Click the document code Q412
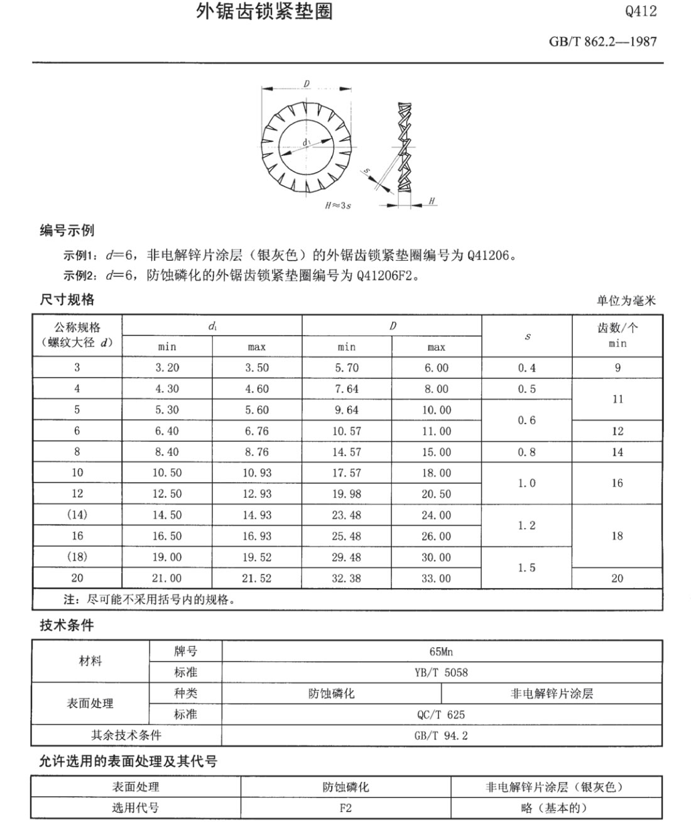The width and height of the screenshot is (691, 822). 641,11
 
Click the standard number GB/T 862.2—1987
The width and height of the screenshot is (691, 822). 602,42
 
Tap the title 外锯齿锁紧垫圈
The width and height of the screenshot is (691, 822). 264,11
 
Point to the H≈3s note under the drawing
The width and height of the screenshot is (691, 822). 338,205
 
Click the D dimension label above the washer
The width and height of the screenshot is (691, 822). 307,83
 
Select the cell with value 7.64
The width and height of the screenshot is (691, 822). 346,389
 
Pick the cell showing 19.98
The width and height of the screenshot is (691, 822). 346,494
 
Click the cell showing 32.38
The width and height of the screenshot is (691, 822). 346,578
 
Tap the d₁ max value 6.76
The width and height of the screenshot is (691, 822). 257,431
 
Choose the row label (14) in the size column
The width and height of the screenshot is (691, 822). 77,515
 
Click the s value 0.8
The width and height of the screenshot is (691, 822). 526,452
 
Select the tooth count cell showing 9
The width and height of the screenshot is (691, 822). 617,368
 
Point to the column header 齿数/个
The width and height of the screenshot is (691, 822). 617,327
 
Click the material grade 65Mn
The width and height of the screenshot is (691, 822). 441,651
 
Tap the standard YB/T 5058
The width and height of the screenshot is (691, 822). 441,672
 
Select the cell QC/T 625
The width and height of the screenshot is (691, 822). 441,715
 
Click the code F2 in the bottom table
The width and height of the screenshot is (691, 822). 345,808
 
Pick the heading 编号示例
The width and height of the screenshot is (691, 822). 67,230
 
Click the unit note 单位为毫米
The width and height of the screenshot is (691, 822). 626,301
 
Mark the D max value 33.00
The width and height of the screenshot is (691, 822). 436,578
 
